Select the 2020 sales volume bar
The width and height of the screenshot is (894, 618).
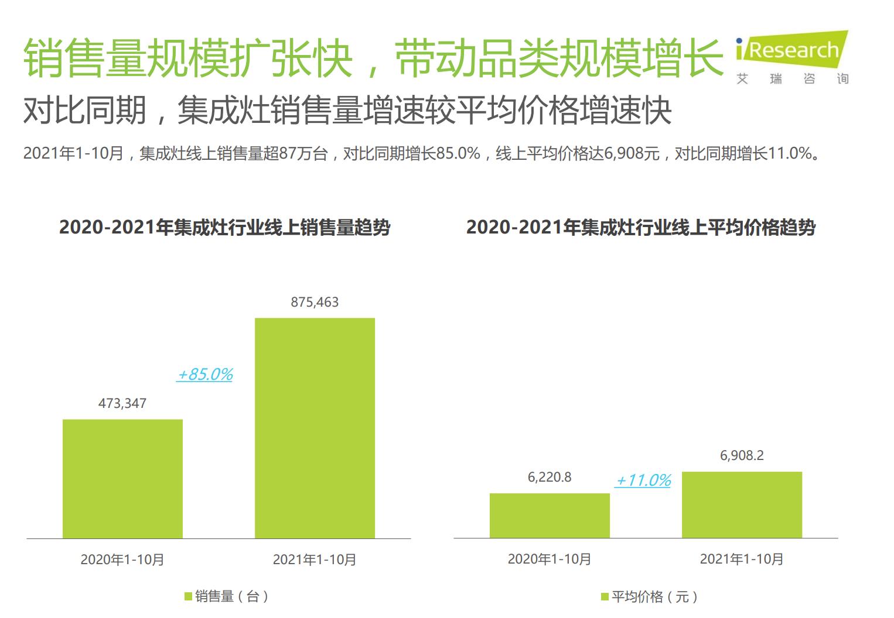[122, 479]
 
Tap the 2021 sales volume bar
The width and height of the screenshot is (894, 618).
[315, 428]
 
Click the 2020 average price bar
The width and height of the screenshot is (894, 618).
[550, 516]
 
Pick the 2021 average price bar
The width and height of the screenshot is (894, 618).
[742, 504]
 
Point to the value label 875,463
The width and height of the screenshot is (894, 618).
[315, 303]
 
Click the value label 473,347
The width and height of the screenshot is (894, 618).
[122, 404]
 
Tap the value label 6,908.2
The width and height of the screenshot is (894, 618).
[742, 456]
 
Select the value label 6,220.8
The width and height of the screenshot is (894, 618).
[550, 478]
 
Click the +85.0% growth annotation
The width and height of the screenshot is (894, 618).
[205, 375]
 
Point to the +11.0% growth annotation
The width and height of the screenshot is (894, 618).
[643, 481]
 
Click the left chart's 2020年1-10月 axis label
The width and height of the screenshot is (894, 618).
[122, 560]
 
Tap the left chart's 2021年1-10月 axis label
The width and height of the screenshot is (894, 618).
[315, 560]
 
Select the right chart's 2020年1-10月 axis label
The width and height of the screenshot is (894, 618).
[550, 559]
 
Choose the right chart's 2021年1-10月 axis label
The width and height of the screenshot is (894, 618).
[742, 559]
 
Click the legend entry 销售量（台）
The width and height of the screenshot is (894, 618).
[227, 596]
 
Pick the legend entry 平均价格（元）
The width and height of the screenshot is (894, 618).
[650, 597]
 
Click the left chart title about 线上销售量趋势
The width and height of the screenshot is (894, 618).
[224, 228]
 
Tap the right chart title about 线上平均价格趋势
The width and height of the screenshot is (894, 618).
[641, 228]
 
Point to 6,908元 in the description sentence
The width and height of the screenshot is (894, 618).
[632, 154]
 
